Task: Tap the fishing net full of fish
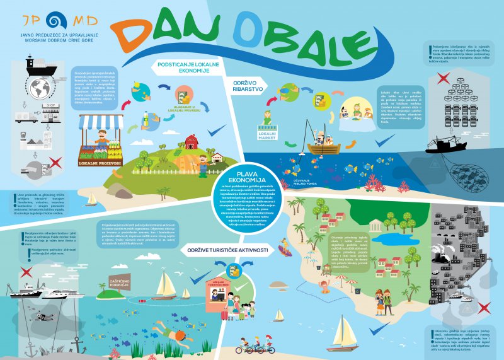point(462,177)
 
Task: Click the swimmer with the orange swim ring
point(325,289)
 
